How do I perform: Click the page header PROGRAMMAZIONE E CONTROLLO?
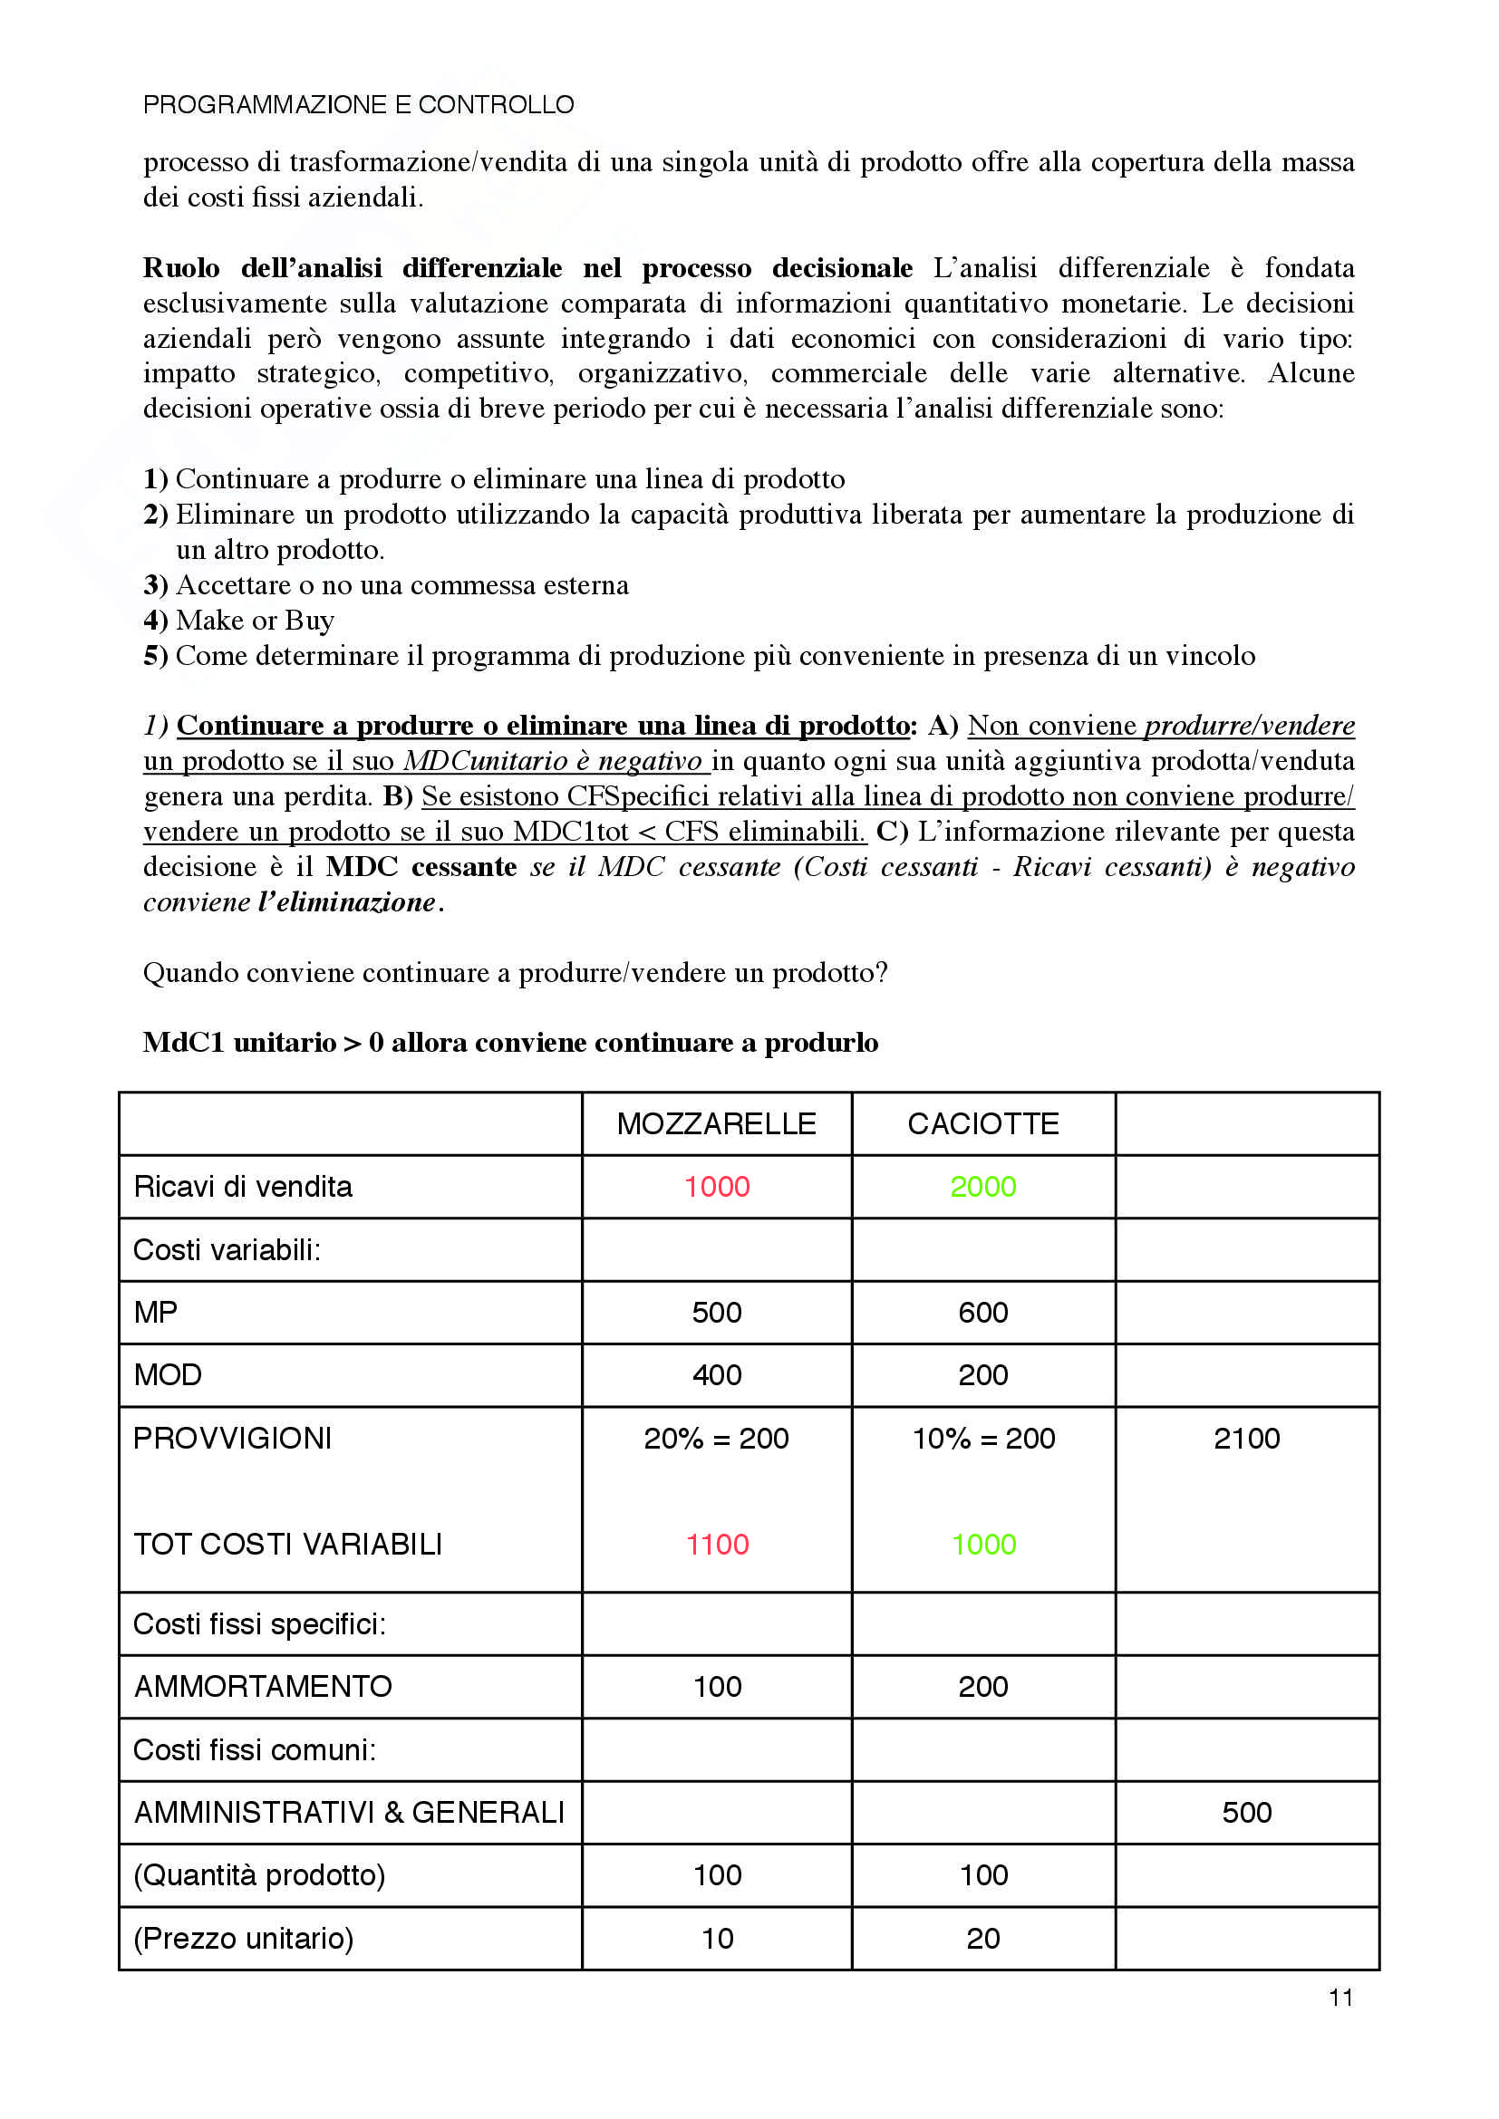358,105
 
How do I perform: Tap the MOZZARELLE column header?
716,1123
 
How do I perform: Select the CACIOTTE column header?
983,1123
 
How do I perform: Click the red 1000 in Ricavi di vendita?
716,1186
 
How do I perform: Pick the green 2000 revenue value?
983,1186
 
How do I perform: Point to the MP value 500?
716,1312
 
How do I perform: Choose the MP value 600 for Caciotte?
983,1312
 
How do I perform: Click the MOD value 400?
716,1374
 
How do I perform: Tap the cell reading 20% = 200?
716,1438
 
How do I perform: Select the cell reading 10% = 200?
983,1438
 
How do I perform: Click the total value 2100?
1246,1438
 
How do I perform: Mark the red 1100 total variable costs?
716,1544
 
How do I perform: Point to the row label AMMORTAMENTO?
263,1686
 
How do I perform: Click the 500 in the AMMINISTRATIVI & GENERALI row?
1246,1812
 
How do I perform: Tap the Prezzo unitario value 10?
716,1938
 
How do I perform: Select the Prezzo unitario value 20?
983,1938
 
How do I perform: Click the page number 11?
1340,1998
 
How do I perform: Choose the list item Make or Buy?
255,621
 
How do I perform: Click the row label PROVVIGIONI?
233,1438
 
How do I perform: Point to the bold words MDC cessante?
421,867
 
